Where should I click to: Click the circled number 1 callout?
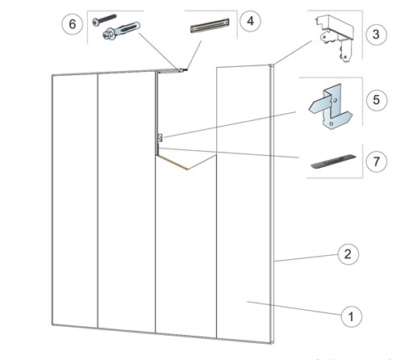[351, 316]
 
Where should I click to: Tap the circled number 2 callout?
[348, 254]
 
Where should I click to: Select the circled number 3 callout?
[377, 35]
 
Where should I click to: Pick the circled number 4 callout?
[250, 21]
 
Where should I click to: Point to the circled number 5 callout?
[377, 100]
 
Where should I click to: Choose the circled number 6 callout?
[73, 24]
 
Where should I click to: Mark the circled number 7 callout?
[377, 161]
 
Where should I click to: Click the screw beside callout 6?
[104, 19]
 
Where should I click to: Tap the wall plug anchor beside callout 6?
[122, 31]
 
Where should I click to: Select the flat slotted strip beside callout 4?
[210, 26]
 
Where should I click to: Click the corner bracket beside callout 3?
[335, 38]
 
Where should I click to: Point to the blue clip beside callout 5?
[331, 107]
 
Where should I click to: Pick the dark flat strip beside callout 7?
[333, 161]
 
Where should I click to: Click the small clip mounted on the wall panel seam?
[160, 138]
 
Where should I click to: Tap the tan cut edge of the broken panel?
[172, 162]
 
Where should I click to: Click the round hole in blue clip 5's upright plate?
[335, 101]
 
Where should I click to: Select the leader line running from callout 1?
[294, 308]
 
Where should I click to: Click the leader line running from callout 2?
[306, 257]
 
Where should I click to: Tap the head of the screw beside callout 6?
[96, 22]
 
